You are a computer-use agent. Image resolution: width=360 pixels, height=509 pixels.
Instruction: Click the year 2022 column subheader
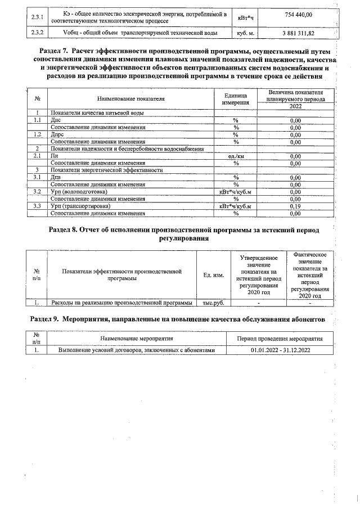pos(295,106)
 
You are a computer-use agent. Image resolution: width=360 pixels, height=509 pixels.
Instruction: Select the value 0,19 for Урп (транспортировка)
pos(295,206)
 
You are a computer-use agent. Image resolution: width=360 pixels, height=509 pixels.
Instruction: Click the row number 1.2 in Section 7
pos(38,135)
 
